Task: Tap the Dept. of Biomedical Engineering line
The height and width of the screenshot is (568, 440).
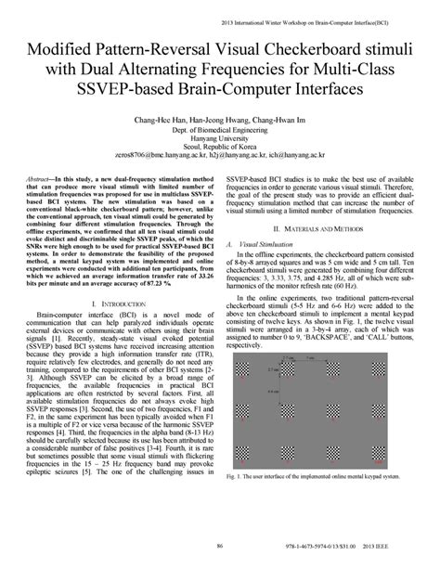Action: click(220, 132)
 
